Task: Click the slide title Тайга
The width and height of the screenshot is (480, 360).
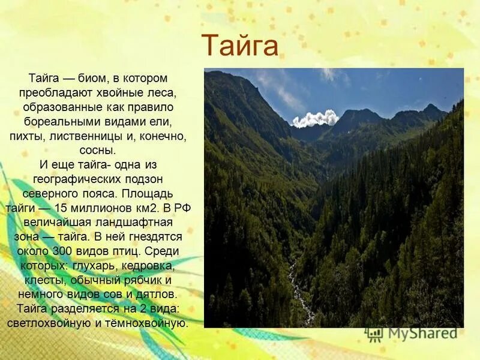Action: coord(240,46)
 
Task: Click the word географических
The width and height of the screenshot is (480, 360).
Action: coord(77,179)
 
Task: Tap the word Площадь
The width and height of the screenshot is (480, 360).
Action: coord(149,194)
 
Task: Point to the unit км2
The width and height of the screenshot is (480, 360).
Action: coord(145,208)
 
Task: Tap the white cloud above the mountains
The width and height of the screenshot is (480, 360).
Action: coord(316,118)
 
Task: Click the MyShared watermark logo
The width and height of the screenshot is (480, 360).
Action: coord(414,334)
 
